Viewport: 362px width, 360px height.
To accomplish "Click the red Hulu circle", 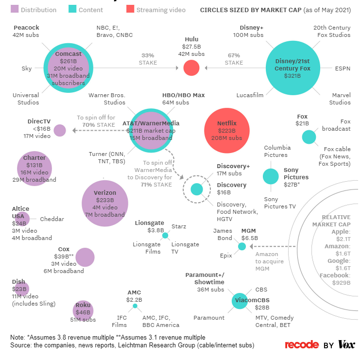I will tap(191, 68).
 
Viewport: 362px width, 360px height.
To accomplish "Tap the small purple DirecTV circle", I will tap(60, 130).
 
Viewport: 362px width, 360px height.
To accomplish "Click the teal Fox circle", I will tap(309, 137).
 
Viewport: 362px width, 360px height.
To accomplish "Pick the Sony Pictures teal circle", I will tap(271, 176).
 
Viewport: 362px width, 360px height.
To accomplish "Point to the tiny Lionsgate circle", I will tap(165, 236).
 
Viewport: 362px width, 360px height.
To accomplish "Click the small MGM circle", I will tap(242, 247).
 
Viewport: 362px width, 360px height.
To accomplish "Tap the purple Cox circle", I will tap(85, 257).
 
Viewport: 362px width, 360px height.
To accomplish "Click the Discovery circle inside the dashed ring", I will tap(197, 189).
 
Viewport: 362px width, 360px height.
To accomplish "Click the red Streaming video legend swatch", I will tap(129, 10).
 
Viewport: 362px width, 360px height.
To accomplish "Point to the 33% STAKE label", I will tap(149, 59).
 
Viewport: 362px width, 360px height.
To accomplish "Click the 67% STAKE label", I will tap(234, 59).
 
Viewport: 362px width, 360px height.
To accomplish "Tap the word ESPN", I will tap(343, 69).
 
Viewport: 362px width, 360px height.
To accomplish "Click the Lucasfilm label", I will tap(250, 96).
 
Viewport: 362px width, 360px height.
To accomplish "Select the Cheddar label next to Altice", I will tap(52, 219).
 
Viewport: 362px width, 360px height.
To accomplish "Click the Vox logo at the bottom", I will tap(346, 344).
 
